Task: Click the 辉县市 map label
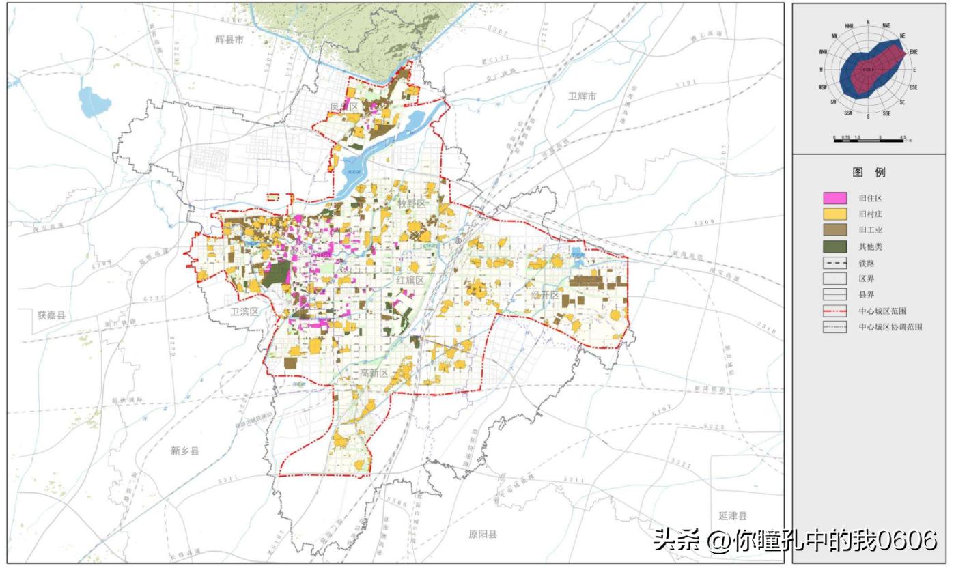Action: click(229, 40)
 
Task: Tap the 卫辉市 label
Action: click(582, 96)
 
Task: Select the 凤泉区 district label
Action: click(344, 107)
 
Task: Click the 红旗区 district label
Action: click(410, 280)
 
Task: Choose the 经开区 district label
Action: click(545, 295)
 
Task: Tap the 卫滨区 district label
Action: click(244, 311)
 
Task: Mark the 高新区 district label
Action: click(374, 373)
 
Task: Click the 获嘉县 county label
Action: click(52, 315)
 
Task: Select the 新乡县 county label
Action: click(185, 451)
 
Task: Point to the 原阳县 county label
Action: click(483, 534)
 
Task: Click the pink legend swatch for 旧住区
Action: click(834, 198)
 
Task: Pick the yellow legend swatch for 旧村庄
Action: click(834, 214)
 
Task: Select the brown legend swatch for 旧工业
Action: click(834, 230)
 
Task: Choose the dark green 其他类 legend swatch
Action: click(834, 246)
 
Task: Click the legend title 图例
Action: click(869, 173)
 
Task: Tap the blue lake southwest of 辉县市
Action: click(94, 102)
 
